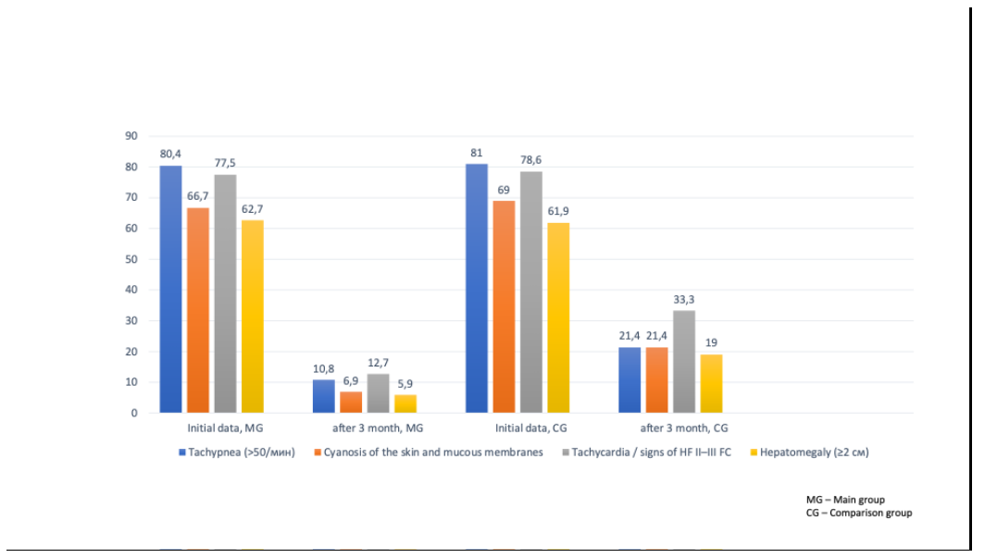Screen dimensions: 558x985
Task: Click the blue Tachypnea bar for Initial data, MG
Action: [170, 289]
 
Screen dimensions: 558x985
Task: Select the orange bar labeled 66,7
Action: [198, 310]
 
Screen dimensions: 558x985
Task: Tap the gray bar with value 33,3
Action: [684, 361]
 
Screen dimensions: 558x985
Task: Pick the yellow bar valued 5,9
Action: [405, 403]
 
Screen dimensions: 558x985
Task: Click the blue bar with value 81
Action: [477, 288]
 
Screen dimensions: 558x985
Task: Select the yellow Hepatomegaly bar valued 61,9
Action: [558, 317]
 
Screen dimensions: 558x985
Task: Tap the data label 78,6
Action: [531, 160]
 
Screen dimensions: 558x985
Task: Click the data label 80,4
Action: [170, 155]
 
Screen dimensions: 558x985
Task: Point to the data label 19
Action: [711, 343]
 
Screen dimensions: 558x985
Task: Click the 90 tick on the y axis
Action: [131, 136]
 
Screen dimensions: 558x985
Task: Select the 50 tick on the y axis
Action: [131, 259]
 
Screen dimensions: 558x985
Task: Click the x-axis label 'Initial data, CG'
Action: [530, 428]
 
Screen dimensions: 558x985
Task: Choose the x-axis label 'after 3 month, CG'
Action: [684, 428]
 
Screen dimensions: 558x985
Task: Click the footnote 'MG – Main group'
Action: [845, 500]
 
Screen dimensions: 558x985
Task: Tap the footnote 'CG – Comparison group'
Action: [859, 513]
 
